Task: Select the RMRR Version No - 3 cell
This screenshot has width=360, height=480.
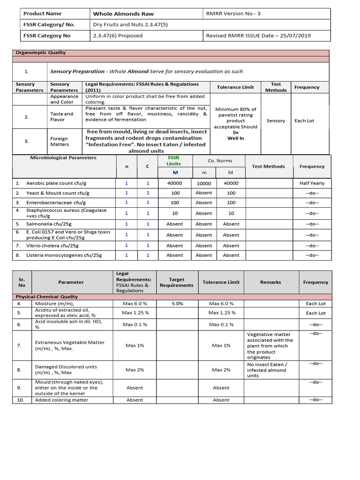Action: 233,14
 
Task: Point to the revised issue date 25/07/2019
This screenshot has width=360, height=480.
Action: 258,36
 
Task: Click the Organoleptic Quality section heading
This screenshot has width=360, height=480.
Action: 41,53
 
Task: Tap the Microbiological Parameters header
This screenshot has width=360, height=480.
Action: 63,158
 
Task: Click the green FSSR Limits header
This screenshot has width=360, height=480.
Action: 174,161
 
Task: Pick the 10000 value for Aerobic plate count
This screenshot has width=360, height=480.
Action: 203,184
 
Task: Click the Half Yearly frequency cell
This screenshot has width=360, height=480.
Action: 312,183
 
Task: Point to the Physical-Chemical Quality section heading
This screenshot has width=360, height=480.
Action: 46,297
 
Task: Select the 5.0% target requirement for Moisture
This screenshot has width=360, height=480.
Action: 177,304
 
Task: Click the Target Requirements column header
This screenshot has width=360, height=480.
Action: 176,282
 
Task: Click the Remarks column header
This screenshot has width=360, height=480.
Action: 270,282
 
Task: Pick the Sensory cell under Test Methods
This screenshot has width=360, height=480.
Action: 276,121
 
